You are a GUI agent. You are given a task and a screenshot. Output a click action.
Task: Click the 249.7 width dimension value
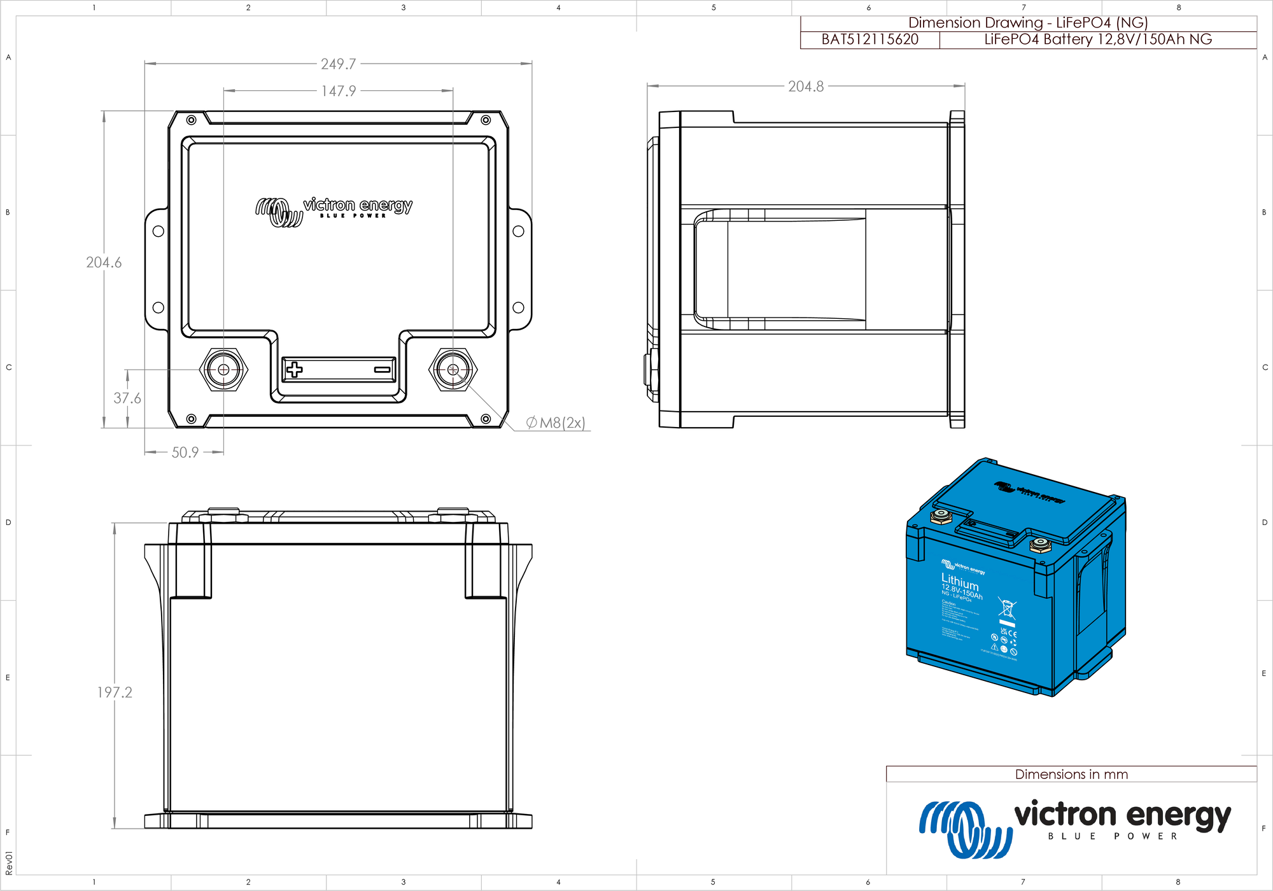pyautogui.click(x=338, y=64)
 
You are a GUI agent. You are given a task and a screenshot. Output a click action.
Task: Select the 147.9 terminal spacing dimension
pyautogui.click(x=338, y=91)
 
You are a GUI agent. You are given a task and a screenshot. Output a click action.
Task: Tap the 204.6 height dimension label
pyautogui.click(x=104, y=262)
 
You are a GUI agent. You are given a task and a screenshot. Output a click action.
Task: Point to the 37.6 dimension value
pyautogui.click(x=127, y=398)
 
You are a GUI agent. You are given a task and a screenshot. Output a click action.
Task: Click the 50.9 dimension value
pyautogui.click(x=185, y=453)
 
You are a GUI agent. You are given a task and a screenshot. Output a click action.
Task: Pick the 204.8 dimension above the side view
pyautogui.click(x=805, y=87)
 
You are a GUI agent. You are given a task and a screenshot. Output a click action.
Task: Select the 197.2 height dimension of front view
pyautogui.click(x=115, y=692)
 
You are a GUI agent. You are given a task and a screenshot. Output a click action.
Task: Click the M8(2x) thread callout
pyautogui.click(x=556, y=423)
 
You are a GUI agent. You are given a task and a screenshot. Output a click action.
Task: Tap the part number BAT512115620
pyautogui.click(x=869, y=39)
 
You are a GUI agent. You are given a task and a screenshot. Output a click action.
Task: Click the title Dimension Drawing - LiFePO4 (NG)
pyautogui.click(x=1027, y=23)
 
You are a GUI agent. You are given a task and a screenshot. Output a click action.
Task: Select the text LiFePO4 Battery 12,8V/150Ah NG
pyautogui.click(x=1097, y=39)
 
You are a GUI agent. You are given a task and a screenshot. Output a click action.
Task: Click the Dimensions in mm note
pyautogui.click(x=1071, y=775)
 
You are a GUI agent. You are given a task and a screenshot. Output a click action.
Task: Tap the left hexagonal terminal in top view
pyautogui.click(x=223, y=369)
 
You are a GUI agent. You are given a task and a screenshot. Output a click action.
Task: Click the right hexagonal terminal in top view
pyautogui.click(x=453, y=369)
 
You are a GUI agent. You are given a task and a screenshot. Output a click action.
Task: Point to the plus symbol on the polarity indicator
pyautogui.click(x=294, y=369)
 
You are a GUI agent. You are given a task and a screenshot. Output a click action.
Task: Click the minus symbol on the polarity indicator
pyautogui.click(x=382, y=369)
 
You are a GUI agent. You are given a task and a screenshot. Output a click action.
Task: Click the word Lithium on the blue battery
pyautogui.click(x=959, y=582)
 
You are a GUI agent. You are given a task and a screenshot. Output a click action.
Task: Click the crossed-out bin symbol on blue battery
pyautogui.click(x=1007, y=608)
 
